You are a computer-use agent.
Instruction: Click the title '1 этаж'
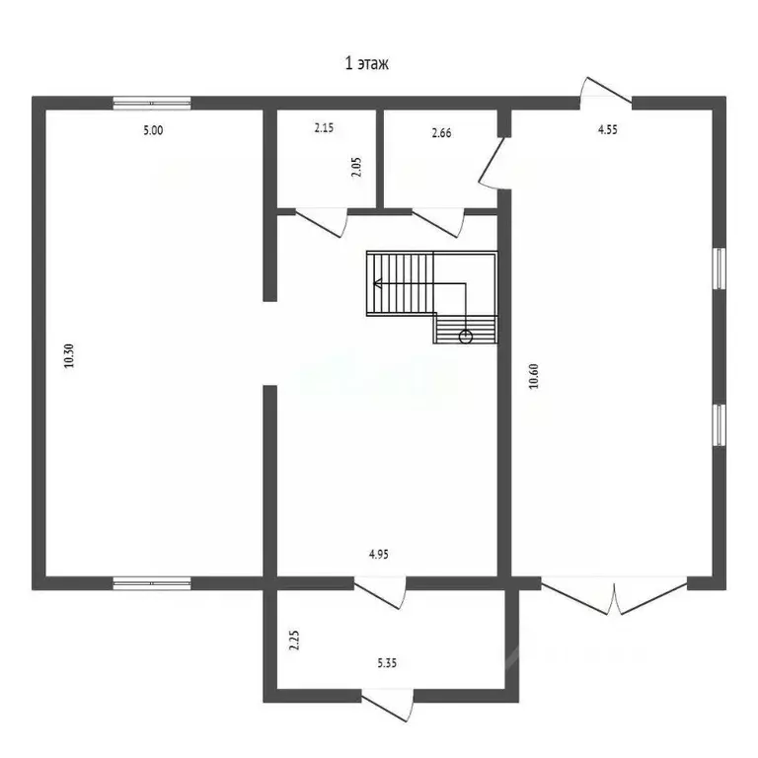click(367, 65)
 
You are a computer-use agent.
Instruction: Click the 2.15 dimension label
click(325, 128)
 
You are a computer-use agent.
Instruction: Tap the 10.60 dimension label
click(534, 378)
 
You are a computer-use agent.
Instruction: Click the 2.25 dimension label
click(293, 642)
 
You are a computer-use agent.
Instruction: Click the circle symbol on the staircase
click(466, 337)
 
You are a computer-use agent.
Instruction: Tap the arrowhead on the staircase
click(376, 284)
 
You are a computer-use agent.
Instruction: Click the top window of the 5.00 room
click(151, 102)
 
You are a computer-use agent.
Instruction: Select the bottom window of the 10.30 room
click(151, 583)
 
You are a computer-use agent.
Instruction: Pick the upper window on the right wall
click(720, 268)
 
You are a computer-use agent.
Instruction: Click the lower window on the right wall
click(720, 424)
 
